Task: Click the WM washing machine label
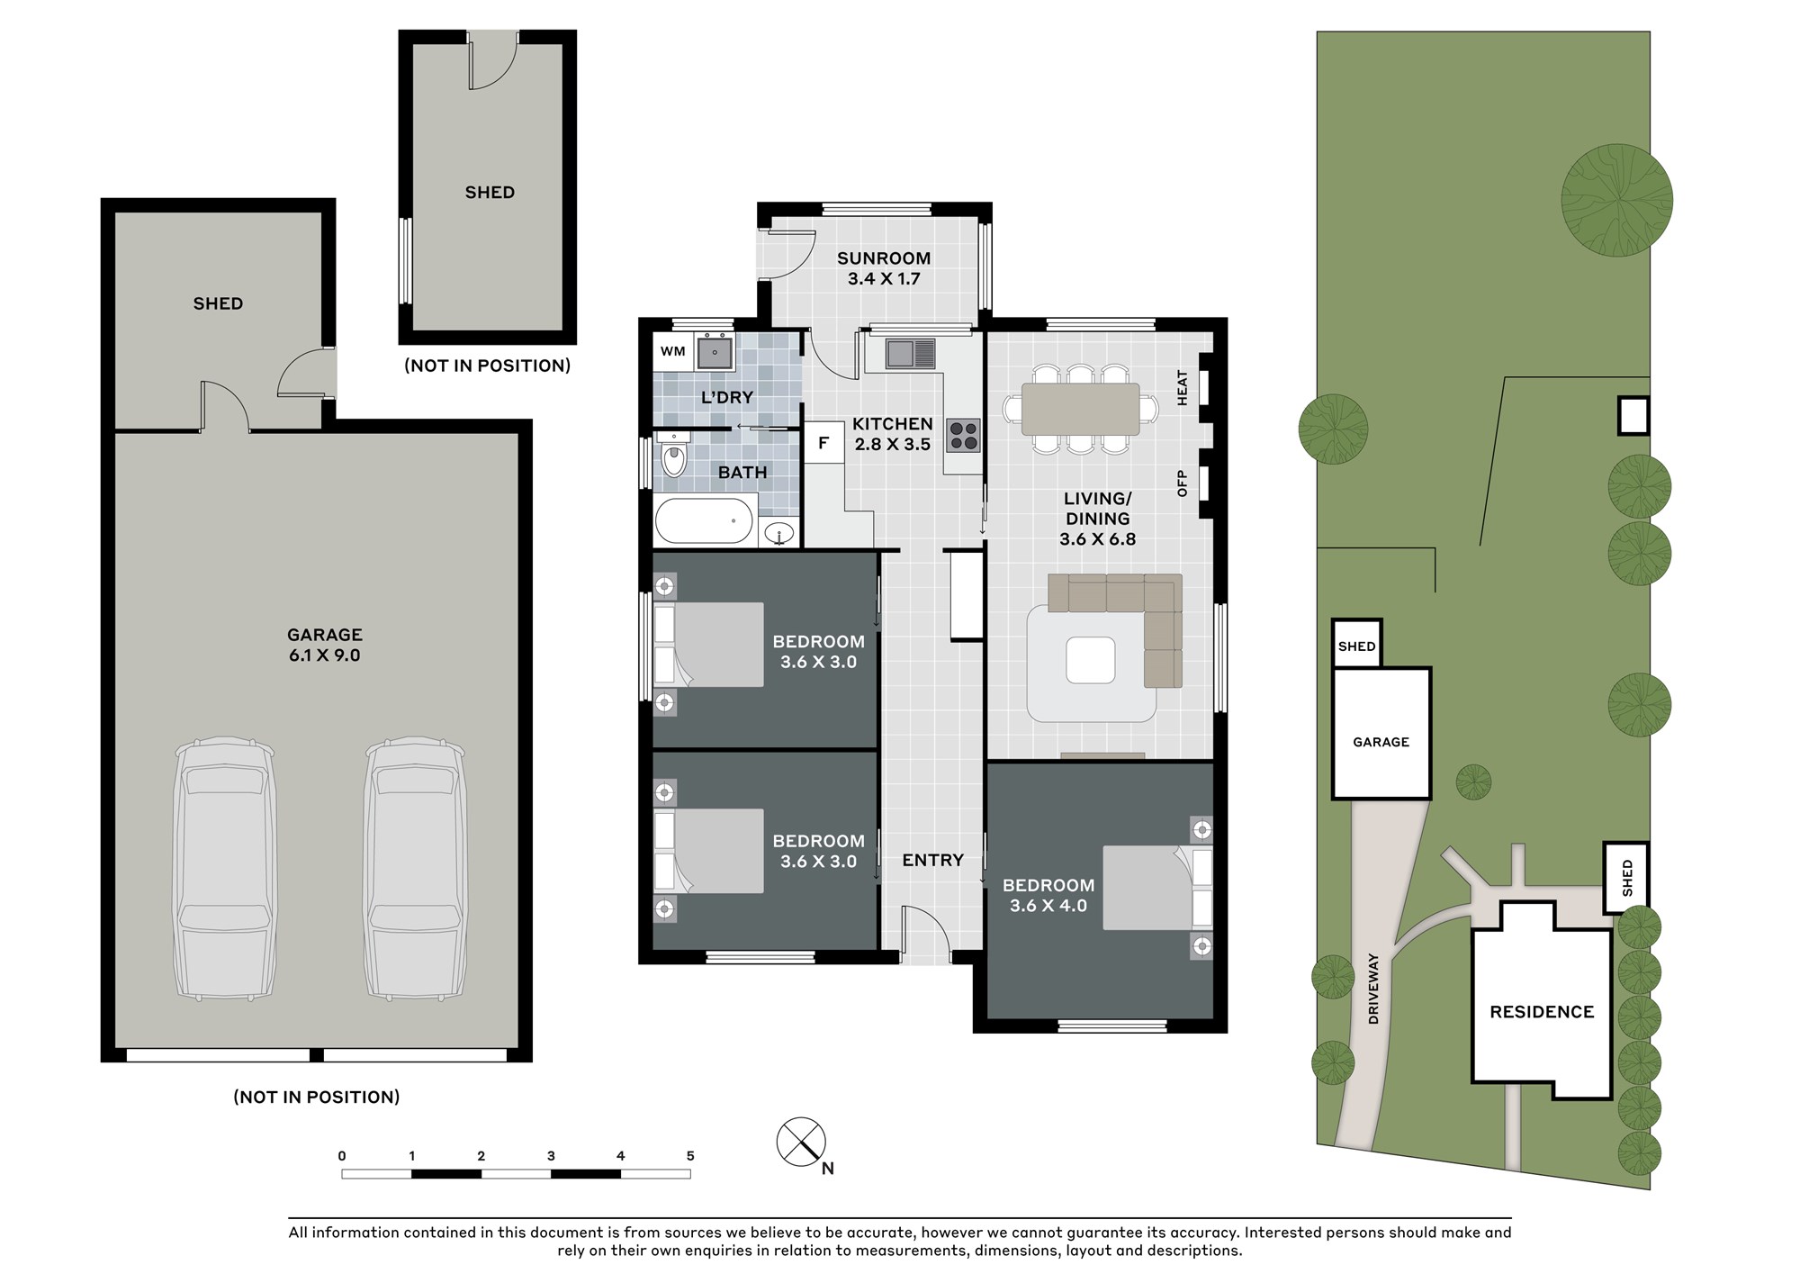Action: tap(672, 351)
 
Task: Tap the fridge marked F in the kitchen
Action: tap(823, 443)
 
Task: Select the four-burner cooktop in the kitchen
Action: tap(963, 436)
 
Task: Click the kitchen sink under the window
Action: tap(911, 353)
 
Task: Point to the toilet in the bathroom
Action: tap(672, 456)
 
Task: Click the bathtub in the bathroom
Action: tap(704, 520)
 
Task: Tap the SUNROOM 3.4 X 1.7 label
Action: tap(884, 268)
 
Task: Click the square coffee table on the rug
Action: tap(1091, 660)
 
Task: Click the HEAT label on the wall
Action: tap(1183, 388)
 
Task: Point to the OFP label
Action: tap(1183, 483)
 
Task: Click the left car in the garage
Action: tap(225, 869)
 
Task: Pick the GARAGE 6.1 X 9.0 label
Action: tap(325, 645)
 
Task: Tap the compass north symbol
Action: tap(802, 1143)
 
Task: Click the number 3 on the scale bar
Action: tap(551, 1156)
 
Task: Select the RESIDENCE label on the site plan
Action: tap(1542, 1012)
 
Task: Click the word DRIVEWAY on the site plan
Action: tap(1373, 989)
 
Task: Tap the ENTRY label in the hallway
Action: tap(932, 861)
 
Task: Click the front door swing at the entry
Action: tap(924, 927)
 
